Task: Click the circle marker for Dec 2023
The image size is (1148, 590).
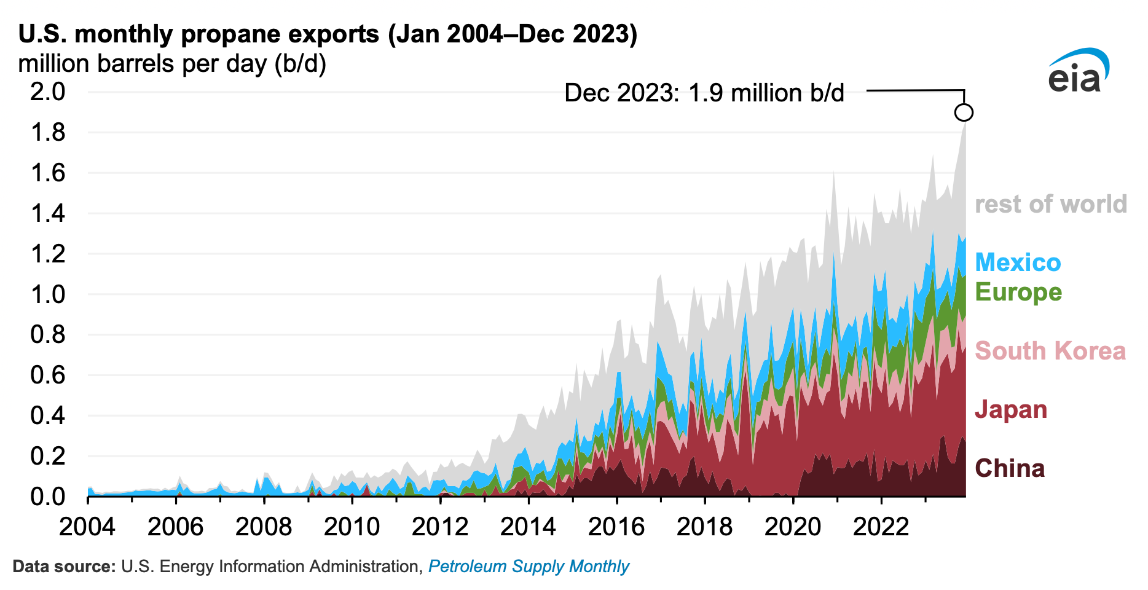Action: click(964, 112)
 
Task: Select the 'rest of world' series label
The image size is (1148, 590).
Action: click(1050, 204)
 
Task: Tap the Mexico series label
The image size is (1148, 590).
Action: click(1018, 262)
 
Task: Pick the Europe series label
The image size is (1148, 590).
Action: click(1018, 292)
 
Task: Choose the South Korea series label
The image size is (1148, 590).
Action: click(1050, 351)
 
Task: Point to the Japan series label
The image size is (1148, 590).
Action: click(1011, 409)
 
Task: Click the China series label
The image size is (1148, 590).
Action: click(1010, 468)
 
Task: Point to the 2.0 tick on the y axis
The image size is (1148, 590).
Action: click(48, 92)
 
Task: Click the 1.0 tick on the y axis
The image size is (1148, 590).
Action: click(48, 294)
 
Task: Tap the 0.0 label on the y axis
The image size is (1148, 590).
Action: click(48, 496)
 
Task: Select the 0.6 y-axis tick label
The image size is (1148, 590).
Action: click(48, 375)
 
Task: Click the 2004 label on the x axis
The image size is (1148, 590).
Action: click(87, 527)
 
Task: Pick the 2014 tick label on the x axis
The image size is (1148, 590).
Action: click(528, 527)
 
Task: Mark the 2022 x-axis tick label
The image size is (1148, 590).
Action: click(881, 527)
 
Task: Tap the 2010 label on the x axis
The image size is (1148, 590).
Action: click(352, 527)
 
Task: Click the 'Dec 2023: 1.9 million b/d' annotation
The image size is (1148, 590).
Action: click(704, 93)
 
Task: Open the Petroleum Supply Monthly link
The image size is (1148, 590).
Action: click(529, 566)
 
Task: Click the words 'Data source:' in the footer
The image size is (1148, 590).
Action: click(64, 566)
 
